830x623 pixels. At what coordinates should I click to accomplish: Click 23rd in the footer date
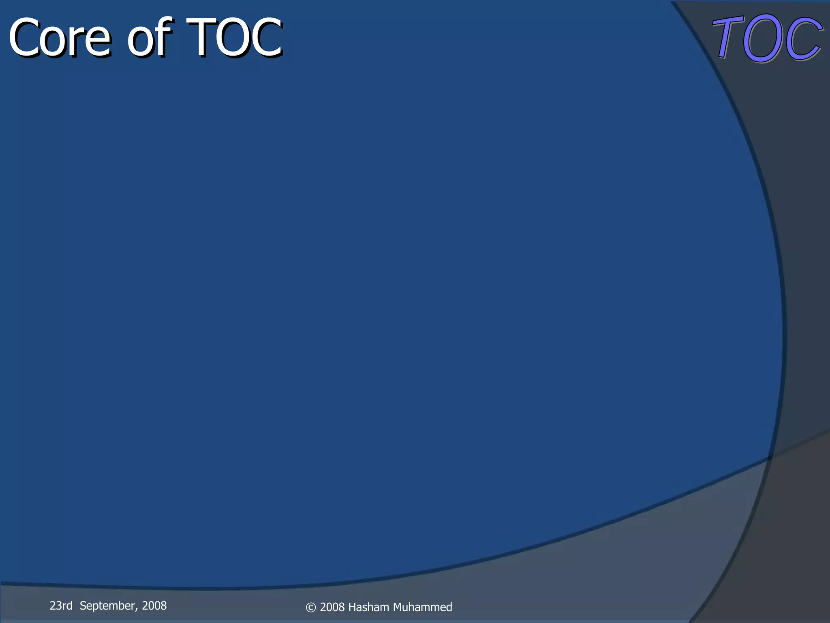pos(61,606)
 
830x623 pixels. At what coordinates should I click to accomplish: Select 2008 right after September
pos(154,606)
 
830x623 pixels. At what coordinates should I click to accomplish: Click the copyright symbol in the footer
pos(311,607)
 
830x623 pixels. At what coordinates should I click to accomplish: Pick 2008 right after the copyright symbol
pos(332,607)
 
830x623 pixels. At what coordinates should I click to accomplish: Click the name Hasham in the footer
pos(368,607)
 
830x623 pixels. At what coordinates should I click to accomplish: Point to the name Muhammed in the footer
pos(422,607)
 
